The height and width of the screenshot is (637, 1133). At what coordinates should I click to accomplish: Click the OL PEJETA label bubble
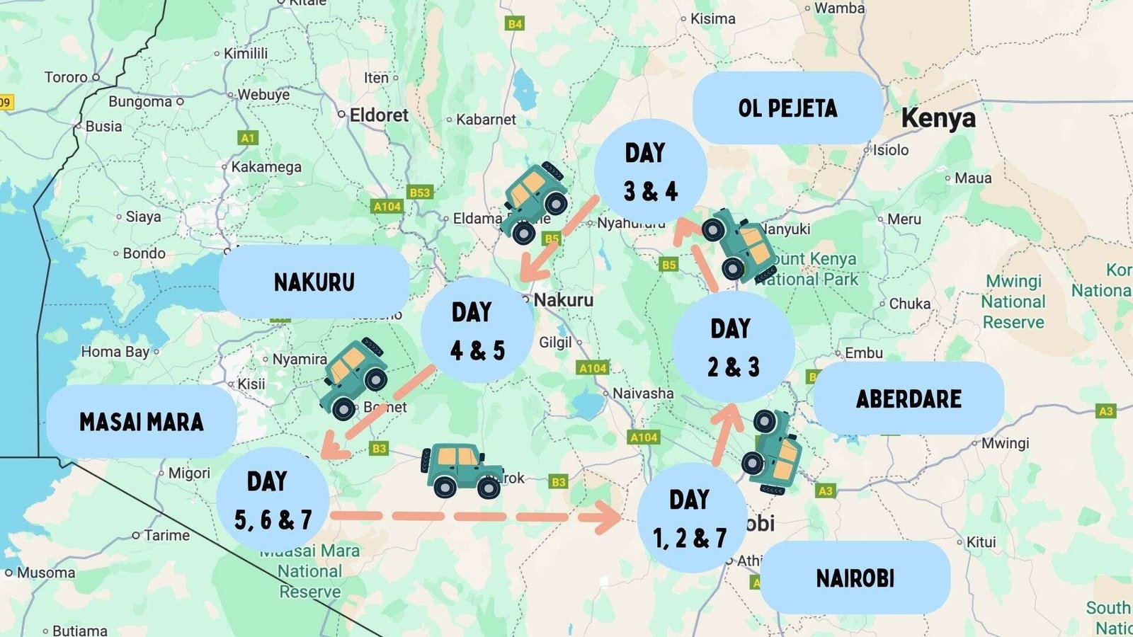pyautogui.click(x=787, y=108)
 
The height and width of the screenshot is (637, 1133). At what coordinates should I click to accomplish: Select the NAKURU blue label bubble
pyautogui.click(x=314, y=282)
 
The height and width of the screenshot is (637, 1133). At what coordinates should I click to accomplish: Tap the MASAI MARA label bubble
pyautogui.click(x=141, y=422)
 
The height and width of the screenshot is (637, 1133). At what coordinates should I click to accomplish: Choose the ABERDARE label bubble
pyautogui.click(x=909, y=398)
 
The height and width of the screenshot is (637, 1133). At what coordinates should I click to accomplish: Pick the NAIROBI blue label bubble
pyautogui.click(x=855, y=578)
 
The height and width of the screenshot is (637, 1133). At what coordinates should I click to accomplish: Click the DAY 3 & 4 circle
pyautogui.click(x=650, y=173)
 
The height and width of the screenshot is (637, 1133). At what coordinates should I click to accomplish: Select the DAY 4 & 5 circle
pyautogui.click(x=477, y=331)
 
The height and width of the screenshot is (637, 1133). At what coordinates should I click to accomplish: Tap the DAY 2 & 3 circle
pyautogui.click(x=733, y=348)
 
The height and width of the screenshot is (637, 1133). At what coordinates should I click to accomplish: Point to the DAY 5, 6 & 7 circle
pyautogui.click(x=273, y=500)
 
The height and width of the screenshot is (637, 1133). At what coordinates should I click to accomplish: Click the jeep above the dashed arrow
pyautogui.click(x=461, y=469)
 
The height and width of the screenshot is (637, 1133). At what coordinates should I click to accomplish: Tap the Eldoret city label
pyautogui.click(x=379, y=115)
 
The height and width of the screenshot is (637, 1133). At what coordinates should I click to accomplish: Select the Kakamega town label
pyautogui.click(x=266, y=167)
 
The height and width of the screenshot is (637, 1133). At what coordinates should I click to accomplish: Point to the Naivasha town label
pyautogui.click(x=643, y=393)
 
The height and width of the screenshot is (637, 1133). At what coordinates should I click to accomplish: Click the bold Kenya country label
pyautogui.click(x=938, y=118)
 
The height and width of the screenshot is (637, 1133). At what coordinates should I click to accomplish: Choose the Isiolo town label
pyautogui.click(x=890, y=150)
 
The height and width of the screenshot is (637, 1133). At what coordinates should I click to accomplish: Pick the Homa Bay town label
pyautogui.click(x=115, y=352)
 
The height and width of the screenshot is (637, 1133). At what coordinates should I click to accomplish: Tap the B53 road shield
pyautogui.click(x=420, y=193)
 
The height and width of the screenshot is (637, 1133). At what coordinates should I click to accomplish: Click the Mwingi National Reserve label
pyautogui.click(x=1013, y=302)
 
